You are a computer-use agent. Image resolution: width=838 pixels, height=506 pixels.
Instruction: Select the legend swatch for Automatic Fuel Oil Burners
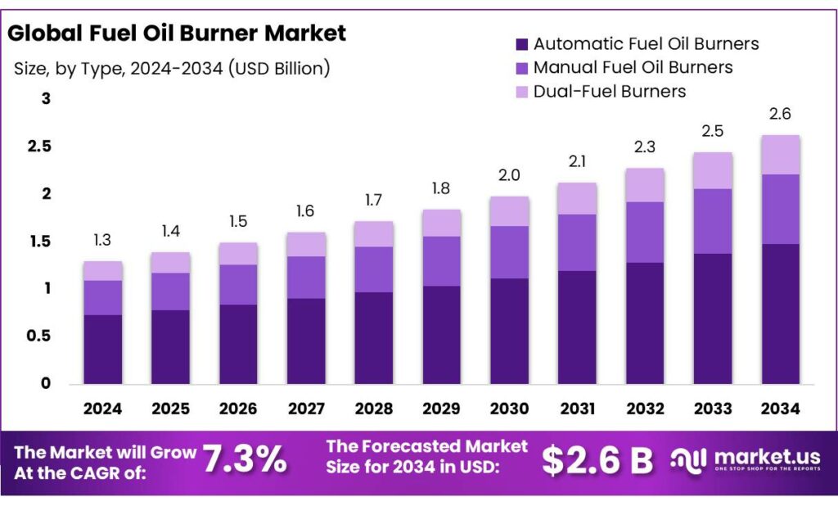(x=521, y=44)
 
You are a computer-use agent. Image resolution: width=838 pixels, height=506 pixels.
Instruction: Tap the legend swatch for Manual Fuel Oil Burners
(x=521, y=68)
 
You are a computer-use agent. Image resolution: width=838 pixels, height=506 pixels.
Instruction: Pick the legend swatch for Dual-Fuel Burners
(x=521, y=92)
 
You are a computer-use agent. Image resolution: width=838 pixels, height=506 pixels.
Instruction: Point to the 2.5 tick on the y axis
(x=40, y=147)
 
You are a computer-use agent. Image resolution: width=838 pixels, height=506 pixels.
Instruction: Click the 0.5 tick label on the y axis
(x=40, y=336)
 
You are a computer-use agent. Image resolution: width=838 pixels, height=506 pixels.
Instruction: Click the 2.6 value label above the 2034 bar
(x=780, y=114)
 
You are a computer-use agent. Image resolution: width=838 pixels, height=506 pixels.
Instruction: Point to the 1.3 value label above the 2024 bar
(x=102, y=240)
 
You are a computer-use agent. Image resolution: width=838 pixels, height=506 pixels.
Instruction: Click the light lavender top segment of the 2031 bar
(x=578, y=198)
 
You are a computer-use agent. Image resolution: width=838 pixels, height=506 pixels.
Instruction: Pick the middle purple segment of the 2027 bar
(x=306, y=277)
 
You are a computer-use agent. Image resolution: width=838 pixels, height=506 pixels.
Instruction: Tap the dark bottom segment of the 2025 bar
(x=170, y=346)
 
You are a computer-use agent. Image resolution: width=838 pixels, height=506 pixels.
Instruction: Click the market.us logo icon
(x=687, y=460)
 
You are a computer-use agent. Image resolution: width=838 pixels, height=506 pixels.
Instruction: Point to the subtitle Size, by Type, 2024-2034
(x=172, y=69)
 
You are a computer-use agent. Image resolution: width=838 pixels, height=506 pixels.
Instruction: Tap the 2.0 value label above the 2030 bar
(x=510, y=175)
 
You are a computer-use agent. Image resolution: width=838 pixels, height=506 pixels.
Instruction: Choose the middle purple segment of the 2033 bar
(x=712, y=221)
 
